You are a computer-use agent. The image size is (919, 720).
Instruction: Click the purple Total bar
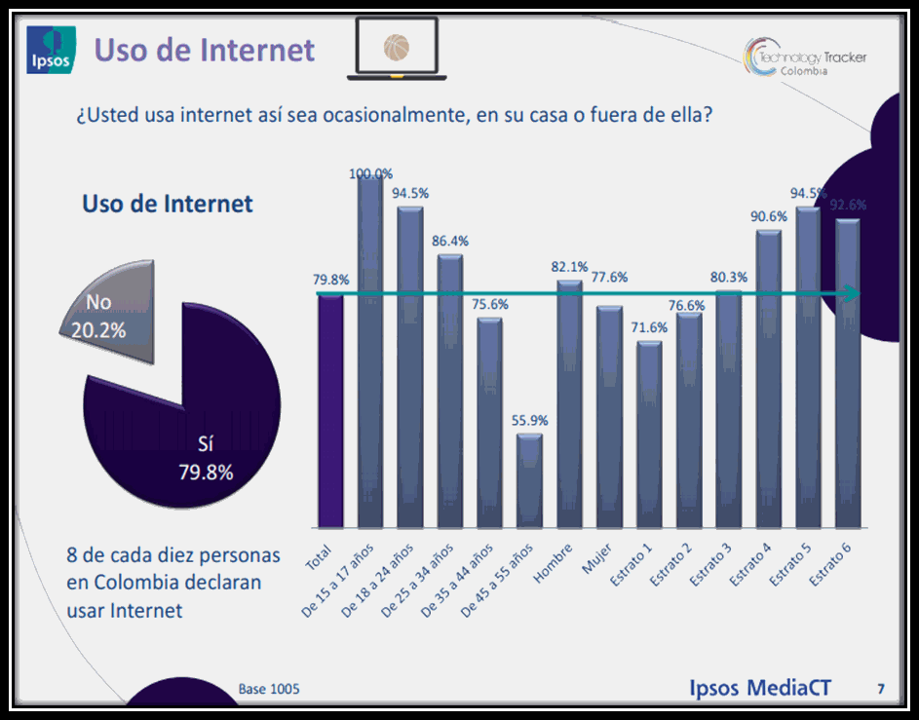330,409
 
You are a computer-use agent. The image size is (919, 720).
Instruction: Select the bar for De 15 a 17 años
370,351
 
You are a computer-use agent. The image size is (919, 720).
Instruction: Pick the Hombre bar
569,403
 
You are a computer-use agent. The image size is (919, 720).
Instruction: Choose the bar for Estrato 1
649,434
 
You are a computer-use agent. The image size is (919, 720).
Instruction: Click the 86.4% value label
450,240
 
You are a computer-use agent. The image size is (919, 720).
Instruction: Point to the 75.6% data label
490,303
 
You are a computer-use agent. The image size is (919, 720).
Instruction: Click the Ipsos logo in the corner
49,50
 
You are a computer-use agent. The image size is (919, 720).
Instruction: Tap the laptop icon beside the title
396,50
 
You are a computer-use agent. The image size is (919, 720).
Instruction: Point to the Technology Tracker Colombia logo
805,59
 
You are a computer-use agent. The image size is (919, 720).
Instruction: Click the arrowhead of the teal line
854,294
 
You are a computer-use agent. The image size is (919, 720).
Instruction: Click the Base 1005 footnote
269,689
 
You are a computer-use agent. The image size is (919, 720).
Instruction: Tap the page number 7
880,689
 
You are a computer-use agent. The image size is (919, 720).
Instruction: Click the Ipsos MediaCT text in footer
760,687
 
